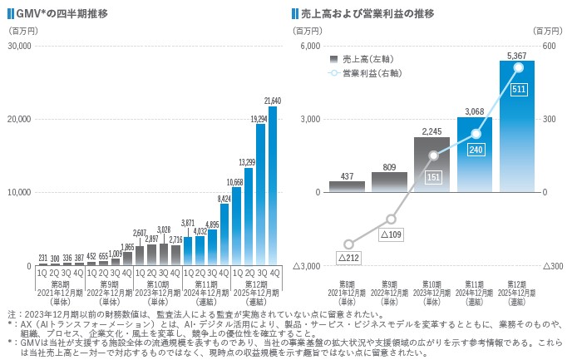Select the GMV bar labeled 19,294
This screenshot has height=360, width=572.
click(261, 195)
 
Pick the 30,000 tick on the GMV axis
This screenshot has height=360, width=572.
click(19, 45)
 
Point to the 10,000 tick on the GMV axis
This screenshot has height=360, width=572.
click(19, 192)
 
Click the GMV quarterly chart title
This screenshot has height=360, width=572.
click(60, 14)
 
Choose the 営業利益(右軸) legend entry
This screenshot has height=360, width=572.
click(367, 74)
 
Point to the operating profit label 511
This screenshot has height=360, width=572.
click(518, 89)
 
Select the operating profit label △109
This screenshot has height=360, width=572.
click(390, 234)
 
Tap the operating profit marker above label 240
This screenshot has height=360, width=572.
click(476, 134)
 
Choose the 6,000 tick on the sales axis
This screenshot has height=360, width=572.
click(309, 45)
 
